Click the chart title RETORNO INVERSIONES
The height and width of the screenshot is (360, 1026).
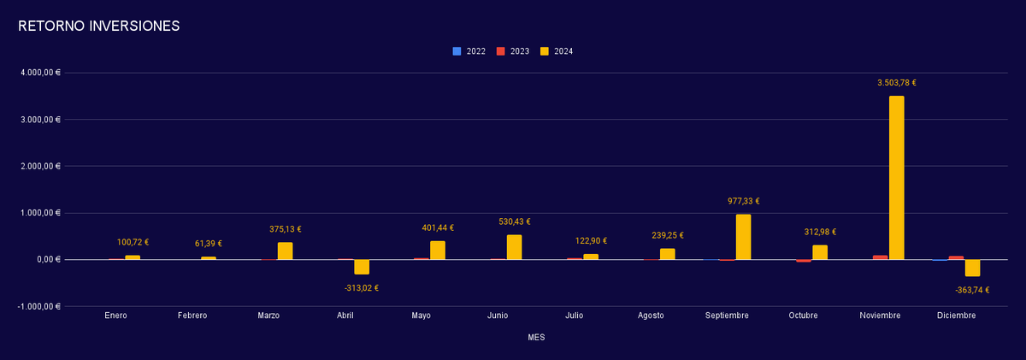pos(98,27)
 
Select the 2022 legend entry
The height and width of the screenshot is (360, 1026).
pos(469,51)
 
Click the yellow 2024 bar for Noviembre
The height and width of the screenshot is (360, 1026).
pos(896,178)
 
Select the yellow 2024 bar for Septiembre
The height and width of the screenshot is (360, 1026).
pos(743,237)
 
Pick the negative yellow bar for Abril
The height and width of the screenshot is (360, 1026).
pos(362,267)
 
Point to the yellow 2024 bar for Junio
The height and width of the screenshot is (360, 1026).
pos(514,247)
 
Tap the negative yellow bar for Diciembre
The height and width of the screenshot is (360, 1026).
pos(972,268)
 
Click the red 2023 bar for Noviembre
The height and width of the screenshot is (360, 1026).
pos(880,257)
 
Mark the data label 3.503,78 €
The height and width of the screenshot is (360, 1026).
pos(896,83)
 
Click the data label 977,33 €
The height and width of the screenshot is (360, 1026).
pos(743,202)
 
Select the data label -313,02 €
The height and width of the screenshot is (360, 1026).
pos(362,288)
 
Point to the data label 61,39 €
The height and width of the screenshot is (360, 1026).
pos(209,244)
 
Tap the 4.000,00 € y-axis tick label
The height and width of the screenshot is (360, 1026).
pos(40,73)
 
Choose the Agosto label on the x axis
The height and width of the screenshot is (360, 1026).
pos(651,316)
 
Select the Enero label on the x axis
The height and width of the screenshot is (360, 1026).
pos(116,316)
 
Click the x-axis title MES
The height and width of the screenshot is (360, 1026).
pos(536,338)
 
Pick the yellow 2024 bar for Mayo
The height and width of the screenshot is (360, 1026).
pos(438,250)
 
